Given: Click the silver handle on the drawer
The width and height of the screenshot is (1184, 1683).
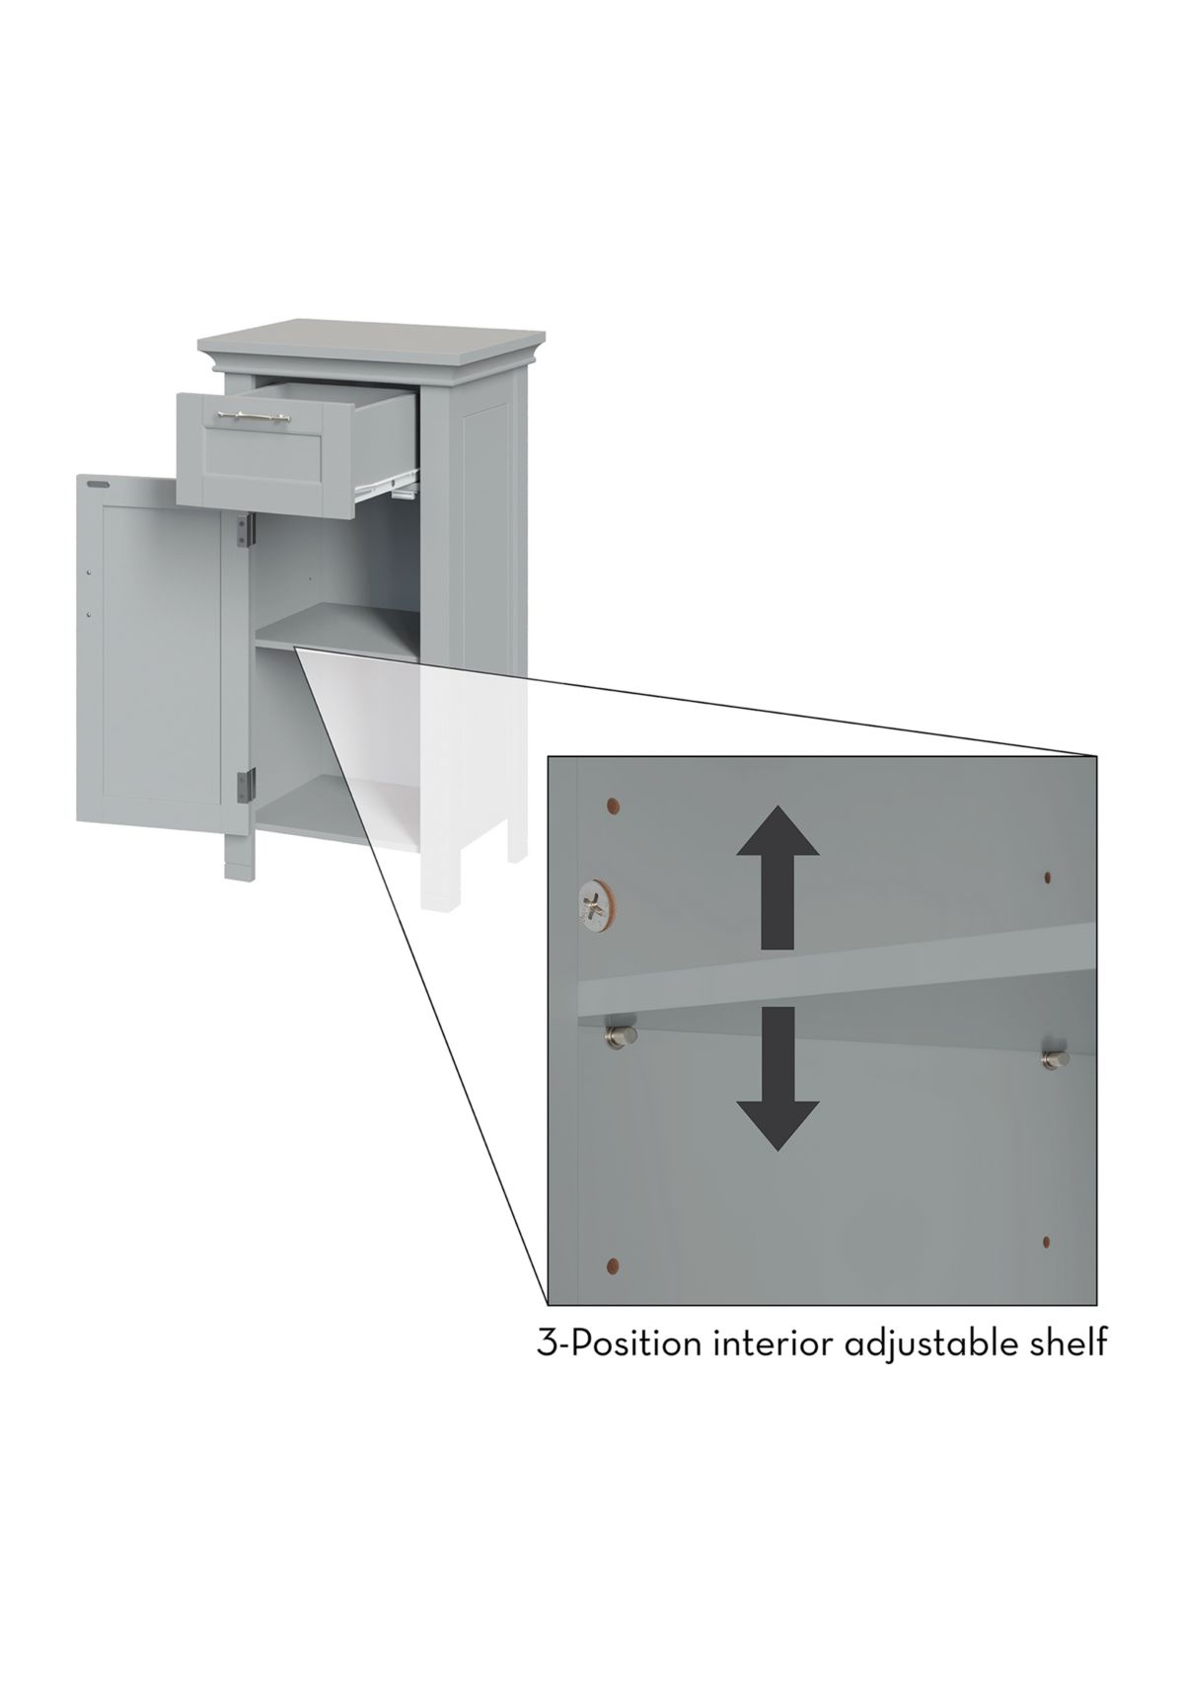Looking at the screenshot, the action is (x=253, y=415).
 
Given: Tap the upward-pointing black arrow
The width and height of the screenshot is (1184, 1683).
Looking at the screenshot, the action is (x=777, y=877).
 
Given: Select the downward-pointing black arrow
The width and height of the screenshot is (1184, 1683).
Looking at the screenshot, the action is (x=777, y=1078).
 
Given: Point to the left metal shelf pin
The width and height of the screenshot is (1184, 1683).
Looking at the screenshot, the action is (x=621, y=1036).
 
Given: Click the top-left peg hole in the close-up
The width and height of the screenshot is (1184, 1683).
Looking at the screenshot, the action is (x=613, y=807).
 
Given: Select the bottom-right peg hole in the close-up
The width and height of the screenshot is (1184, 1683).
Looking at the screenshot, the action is (x=1047, y=1241).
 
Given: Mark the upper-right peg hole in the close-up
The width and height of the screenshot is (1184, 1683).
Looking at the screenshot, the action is (x=1047, y=877).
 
